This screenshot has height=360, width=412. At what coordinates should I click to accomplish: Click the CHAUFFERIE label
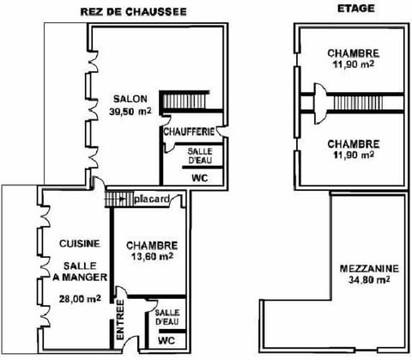tap(189, 132)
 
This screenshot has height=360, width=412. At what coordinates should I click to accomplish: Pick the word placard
tap(156, 199)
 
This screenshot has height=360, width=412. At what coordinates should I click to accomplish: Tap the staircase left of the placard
tap(118, 199)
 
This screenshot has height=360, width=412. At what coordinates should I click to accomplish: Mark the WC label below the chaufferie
tap(198, 179)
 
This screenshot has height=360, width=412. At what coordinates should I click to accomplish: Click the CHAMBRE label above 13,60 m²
tap(152, 244)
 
